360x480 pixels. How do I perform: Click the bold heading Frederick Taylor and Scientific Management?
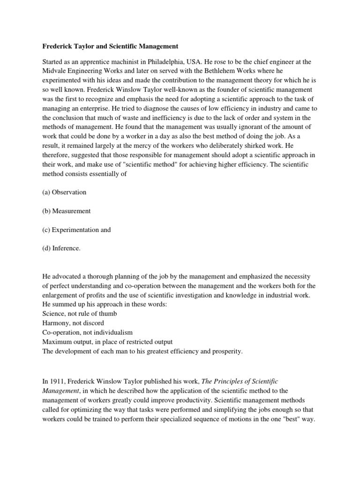pos(111,46)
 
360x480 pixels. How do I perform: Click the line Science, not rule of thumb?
pos(80,314)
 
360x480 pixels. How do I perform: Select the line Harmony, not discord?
pos(73,323)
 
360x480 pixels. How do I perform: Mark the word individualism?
pos(117,332)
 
